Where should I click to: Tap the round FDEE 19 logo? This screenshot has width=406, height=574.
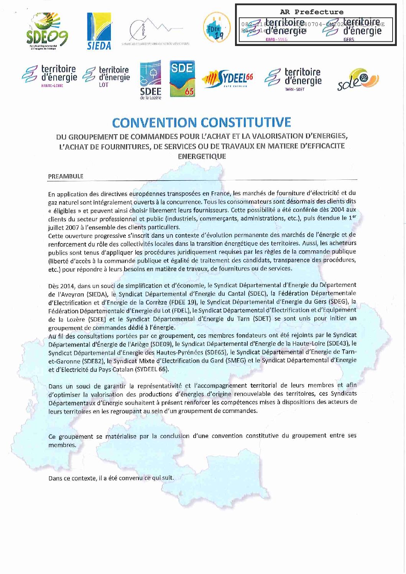(217, 28)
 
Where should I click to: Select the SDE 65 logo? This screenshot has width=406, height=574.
(182, 78)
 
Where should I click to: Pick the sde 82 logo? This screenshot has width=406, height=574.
(358, 79)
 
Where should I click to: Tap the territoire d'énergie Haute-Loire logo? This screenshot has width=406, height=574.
(49, 76)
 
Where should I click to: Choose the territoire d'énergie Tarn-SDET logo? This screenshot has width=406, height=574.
(293, 79)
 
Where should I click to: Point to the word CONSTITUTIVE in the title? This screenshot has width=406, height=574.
(246, 123)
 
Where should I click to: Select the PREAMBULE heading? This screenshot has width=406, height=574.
(66, 176)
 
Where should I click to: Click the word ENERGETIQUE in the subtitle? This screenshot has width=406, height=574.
(202, 156)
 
